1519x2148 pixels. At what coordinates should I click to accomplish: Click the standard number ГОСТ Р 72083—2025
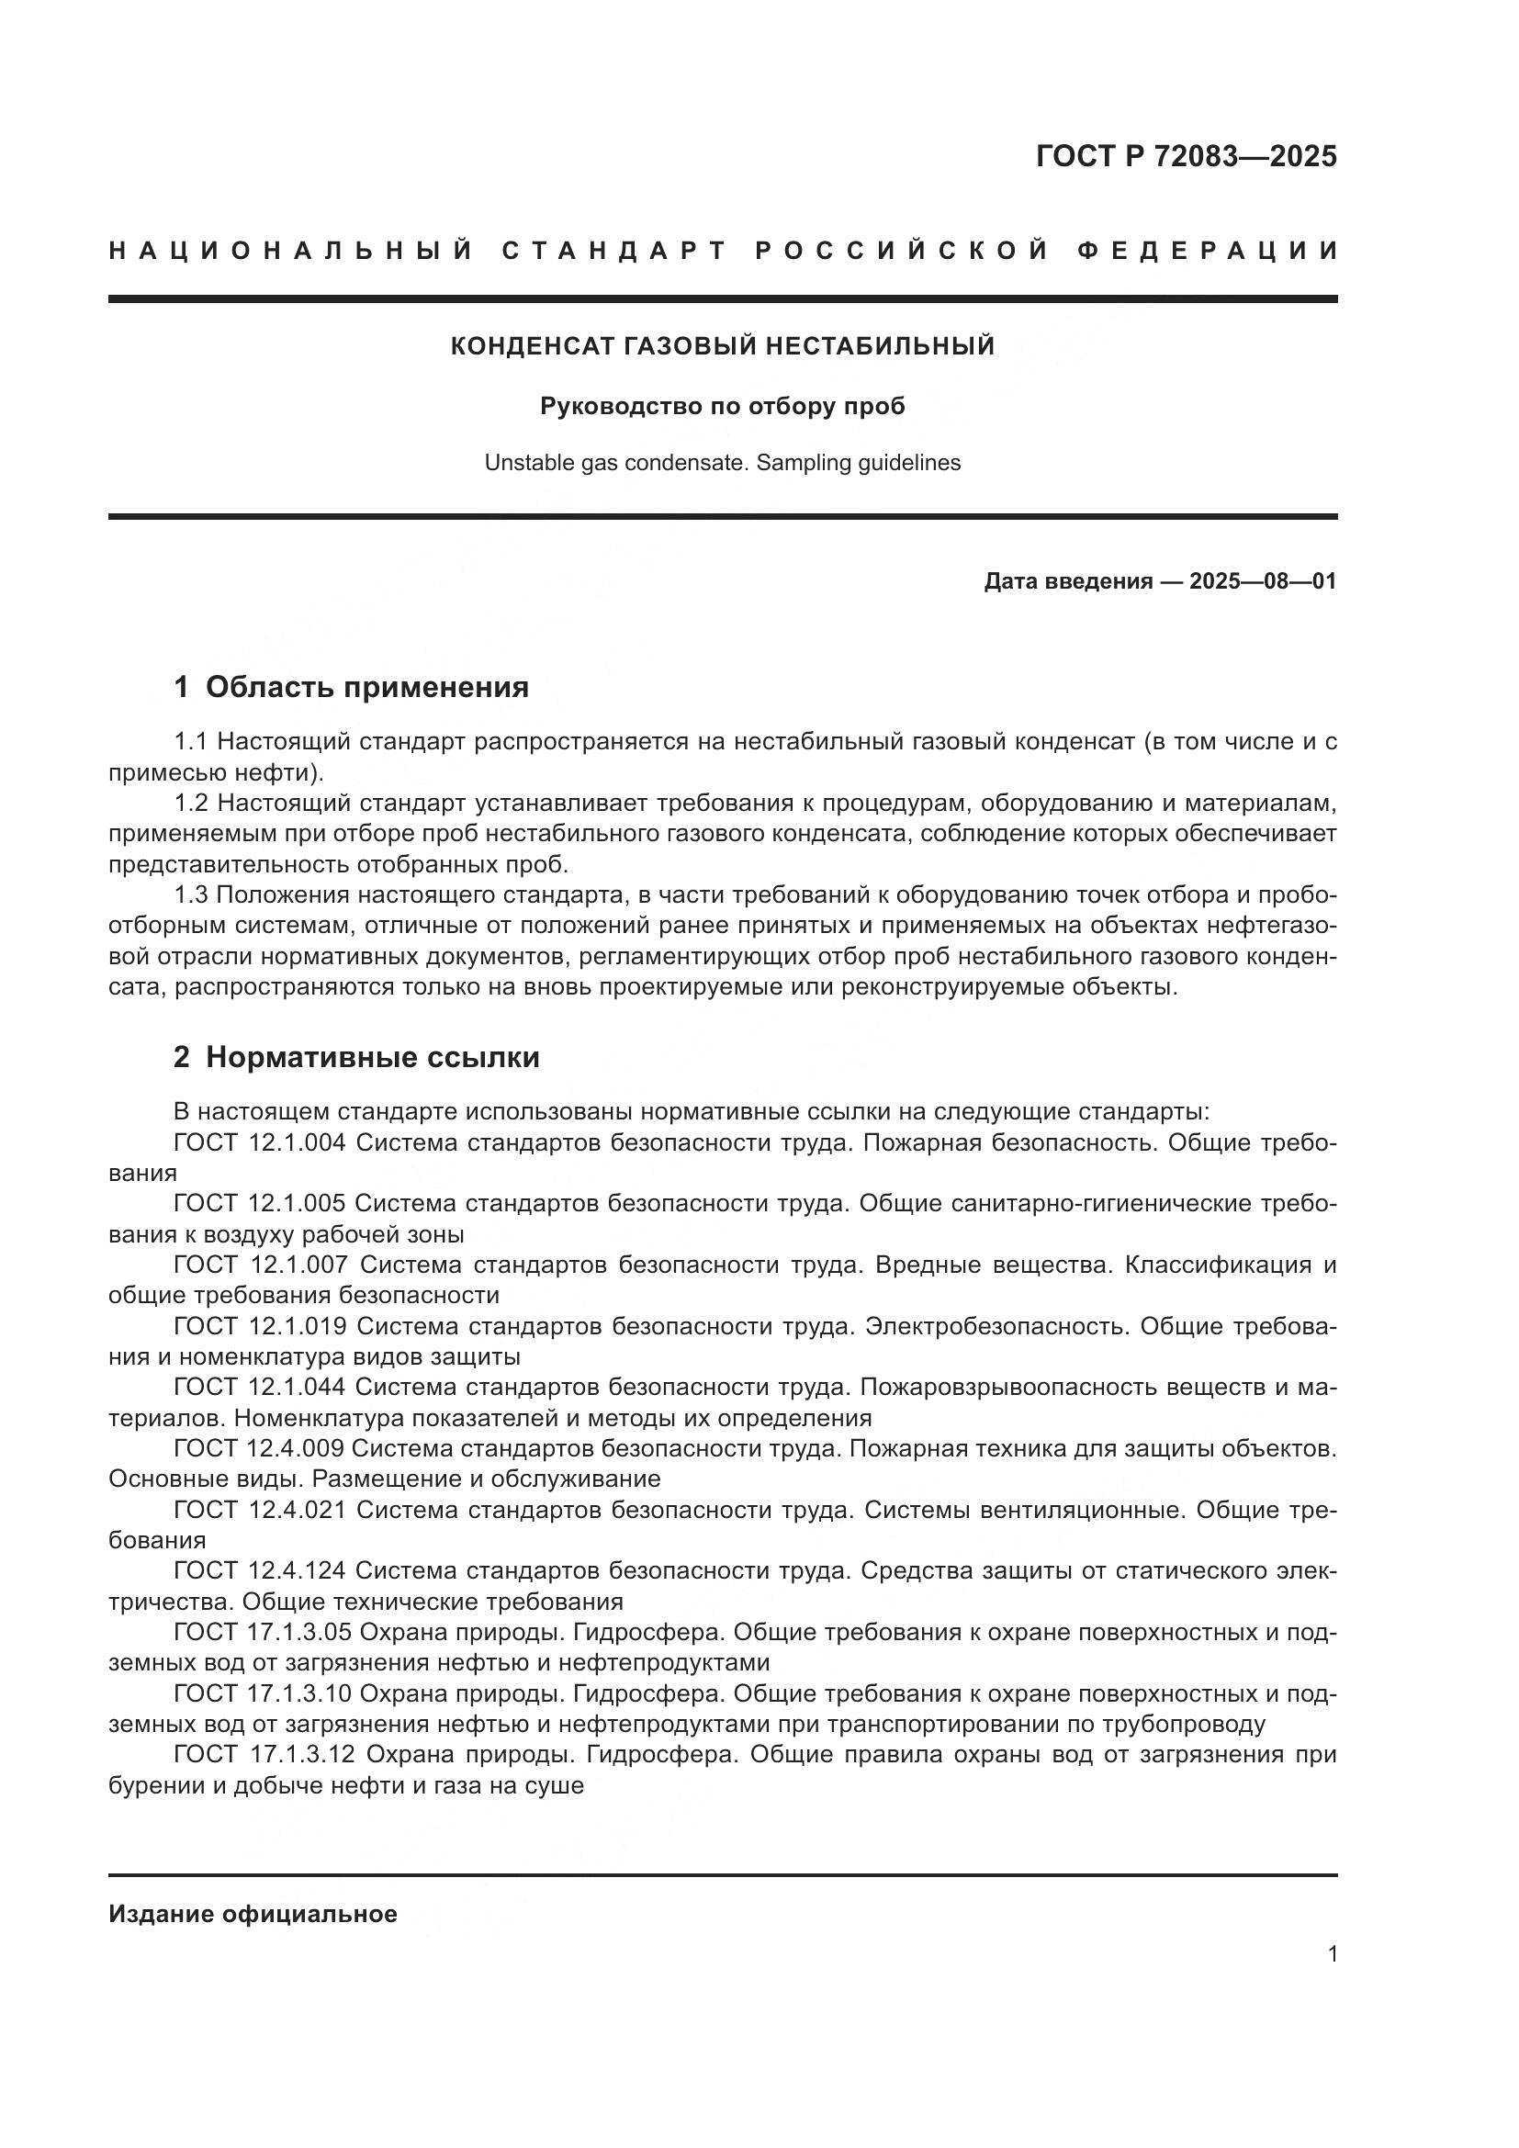(x=1186, y=156)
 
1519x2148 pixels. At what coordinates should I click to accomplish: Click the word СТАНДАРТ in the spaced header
(x=614, y=251)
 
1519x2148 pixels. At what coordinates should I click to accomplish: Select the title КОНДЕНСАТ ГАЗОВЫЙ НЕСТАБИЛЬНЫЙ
(x=722, y=346)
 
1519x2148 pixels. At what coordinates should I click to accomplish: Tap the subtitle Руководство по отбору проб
(x=722, y=406)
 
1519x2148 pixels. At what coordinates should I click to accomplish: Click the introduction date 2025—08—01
(x=1262, y=581)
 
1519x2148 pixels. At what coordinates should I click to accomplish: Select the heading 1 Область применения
(x=351, y=688)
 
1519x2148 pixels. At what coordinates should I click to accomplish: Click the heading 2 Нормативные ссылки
(x=356, y=1058)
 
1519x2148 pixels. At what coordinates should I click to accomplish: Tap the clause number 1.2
(x=192, y=803)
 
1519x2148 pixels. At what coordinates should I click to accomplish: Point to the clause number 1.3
(x=192, y=895)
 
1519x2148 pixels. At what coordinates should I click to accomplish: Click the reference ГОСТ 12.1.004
(x=260, y=1142)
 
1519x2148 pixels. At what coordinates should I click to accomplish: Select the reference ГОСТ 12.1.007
(x=261, y=1265)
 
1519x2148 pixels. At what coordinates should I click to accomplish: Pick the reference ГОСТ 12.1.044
(x=260, y=1388)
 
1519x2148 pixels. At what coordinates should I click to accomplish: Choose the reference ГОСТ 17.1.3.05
(x=262, y=1633)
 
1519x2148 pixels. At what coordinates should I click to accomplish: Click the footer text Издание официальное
(x=253, y=1914)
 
